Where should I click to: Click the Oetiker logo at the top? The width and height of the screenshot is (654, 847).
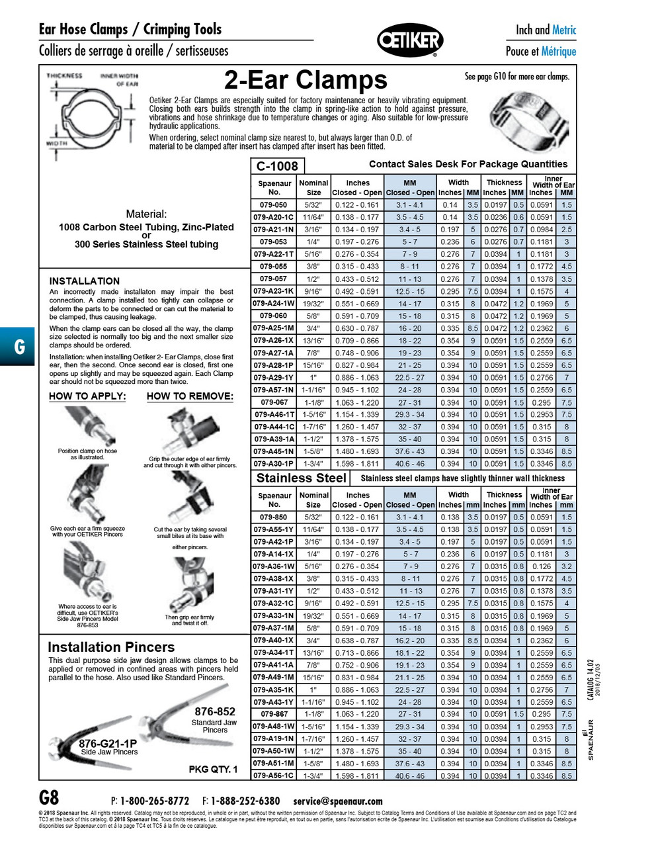pyautogui.click(x=409, y=41)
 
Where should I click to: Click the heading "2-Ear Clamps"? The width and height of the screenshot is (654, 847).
pyautogui.click(x=306, y=81)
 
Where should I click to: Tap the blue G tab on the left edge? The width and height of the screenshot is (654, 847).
pyautogui.click(x=19, y=347)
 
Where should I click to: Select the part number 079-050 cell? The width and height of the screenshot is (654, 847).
pyautogui.click(x=274, y=205)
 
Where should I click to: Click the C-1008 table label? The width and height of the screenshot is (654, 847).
pyautogui.click(x=277, y=165)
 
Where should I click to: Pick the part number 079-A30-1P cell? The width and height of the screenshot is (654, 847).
pyautogui.click(x=274, y=464)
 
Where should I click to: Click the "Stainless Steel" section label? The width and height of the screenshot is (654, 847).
pyautogui.click(x=301, y=478)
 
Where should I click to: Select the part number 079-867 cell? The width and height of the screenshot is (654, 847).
pyautogui.click(x=274, y=715)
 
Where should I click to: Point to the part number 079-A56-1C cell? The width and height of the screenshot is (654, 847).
pyautogui.click(x=274, y=776)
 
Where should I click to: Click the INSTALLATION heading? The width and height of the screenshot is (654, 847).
pyautogui.click(x=84, y=281)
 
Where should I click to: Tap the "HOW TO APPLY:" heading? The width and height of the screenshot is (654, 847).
pyautogui.click(x=87, y=396)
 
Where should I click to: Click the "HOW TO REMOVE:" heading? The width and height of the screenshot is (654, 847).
pyautogui.click(x=190, y=396)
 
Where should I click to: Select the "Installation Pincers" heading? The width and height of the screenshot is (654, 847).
pyautogui.click(x=111, y=647)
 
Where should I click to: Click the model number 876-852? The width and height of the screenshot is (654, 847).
pyautogui.click(x=215, y=712)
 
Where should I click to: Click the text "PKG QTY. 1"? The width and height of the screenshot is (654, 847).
pyautogui.click(x=213, y=769)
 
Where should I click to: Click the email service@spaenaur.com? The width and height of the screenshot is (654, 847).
pyautogui.click(x=338, y=801)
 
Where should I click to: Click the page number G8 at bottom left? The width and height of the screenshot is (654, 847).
pyautogui.click(x=49, y=798)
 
